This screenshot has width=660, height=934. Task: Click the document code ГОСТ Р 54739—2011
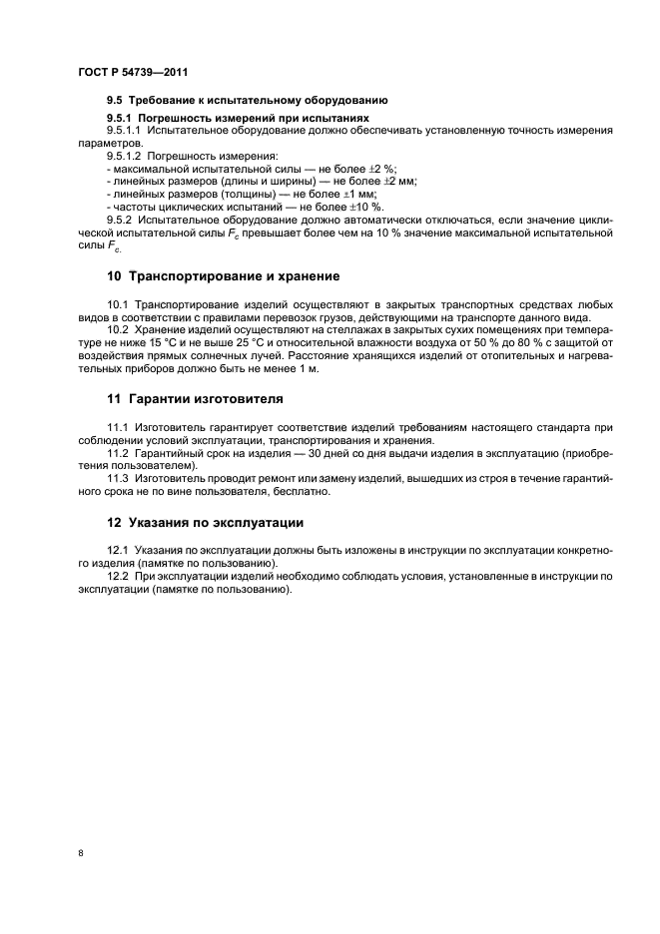(x=133, y=73)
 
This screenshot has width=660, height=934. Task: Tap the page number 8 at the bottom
(x=81, y=853)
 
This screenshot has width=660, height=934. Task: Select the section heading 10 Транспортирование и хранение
(x=224, y=275)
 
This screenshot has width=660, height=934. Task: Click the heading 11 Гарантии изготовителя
(x=195, y=398)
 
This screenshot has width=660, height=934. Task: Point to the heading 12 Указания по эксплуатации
(x=205, y=522)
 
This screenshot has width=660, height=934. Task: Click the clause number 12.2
(x=118, y=576)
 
